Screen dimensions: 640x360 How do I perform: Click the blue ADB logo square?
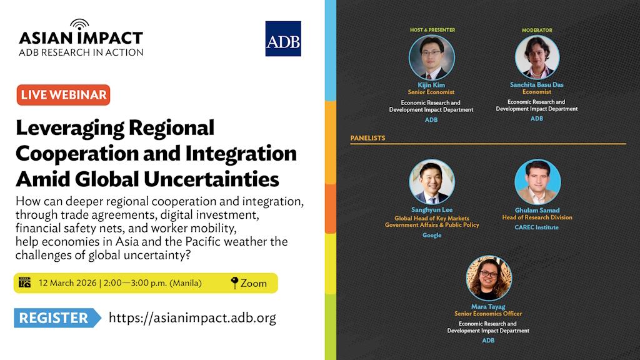coord(283,39)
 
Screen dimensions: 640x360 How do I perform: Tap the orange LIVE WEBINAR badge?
coord(63,95)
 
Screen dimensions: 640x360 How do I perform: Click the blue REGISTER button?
coord(57,317)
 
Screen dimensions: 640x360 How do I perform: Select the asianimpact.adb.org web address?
coord(192,317)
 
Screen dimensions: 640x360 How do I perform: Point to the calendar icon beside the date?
coord(24,282)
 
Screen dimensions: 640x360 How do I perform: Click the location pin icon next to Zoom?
coord(234,283)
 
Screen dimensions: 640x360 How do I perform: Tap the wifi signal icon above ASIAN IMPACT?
coord(79,24)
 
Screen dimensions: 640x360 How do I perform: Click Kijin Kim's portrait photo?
coord(431,57)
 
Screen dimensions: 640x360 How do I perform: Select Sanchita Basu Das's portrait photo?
coord(537,57)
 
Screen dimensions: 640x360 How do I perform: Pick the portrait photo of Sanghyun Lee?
coord(431,182)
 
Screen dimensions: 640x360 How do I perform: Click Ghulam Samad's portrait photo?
coord(537,182)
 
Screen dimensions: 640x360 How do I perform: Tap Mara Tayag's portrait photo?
coord(489,278)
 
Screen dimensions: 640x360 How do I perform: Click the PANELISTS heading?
coord(367,138)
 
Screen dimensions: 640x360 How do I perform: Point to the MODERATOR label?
coord(537,30)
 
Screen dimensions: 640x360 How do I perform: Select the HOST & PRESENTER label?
coord(432,30)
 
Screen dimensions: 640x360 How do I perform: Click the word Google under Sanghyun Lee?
coord(432,235)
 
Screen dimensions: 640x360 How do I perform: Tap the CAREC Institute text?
coord(536,227)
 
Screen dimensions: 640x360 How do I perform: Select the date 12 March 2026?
coord(67,283)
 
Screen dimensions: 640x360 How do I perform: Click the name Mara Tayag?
coord(488,306)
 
